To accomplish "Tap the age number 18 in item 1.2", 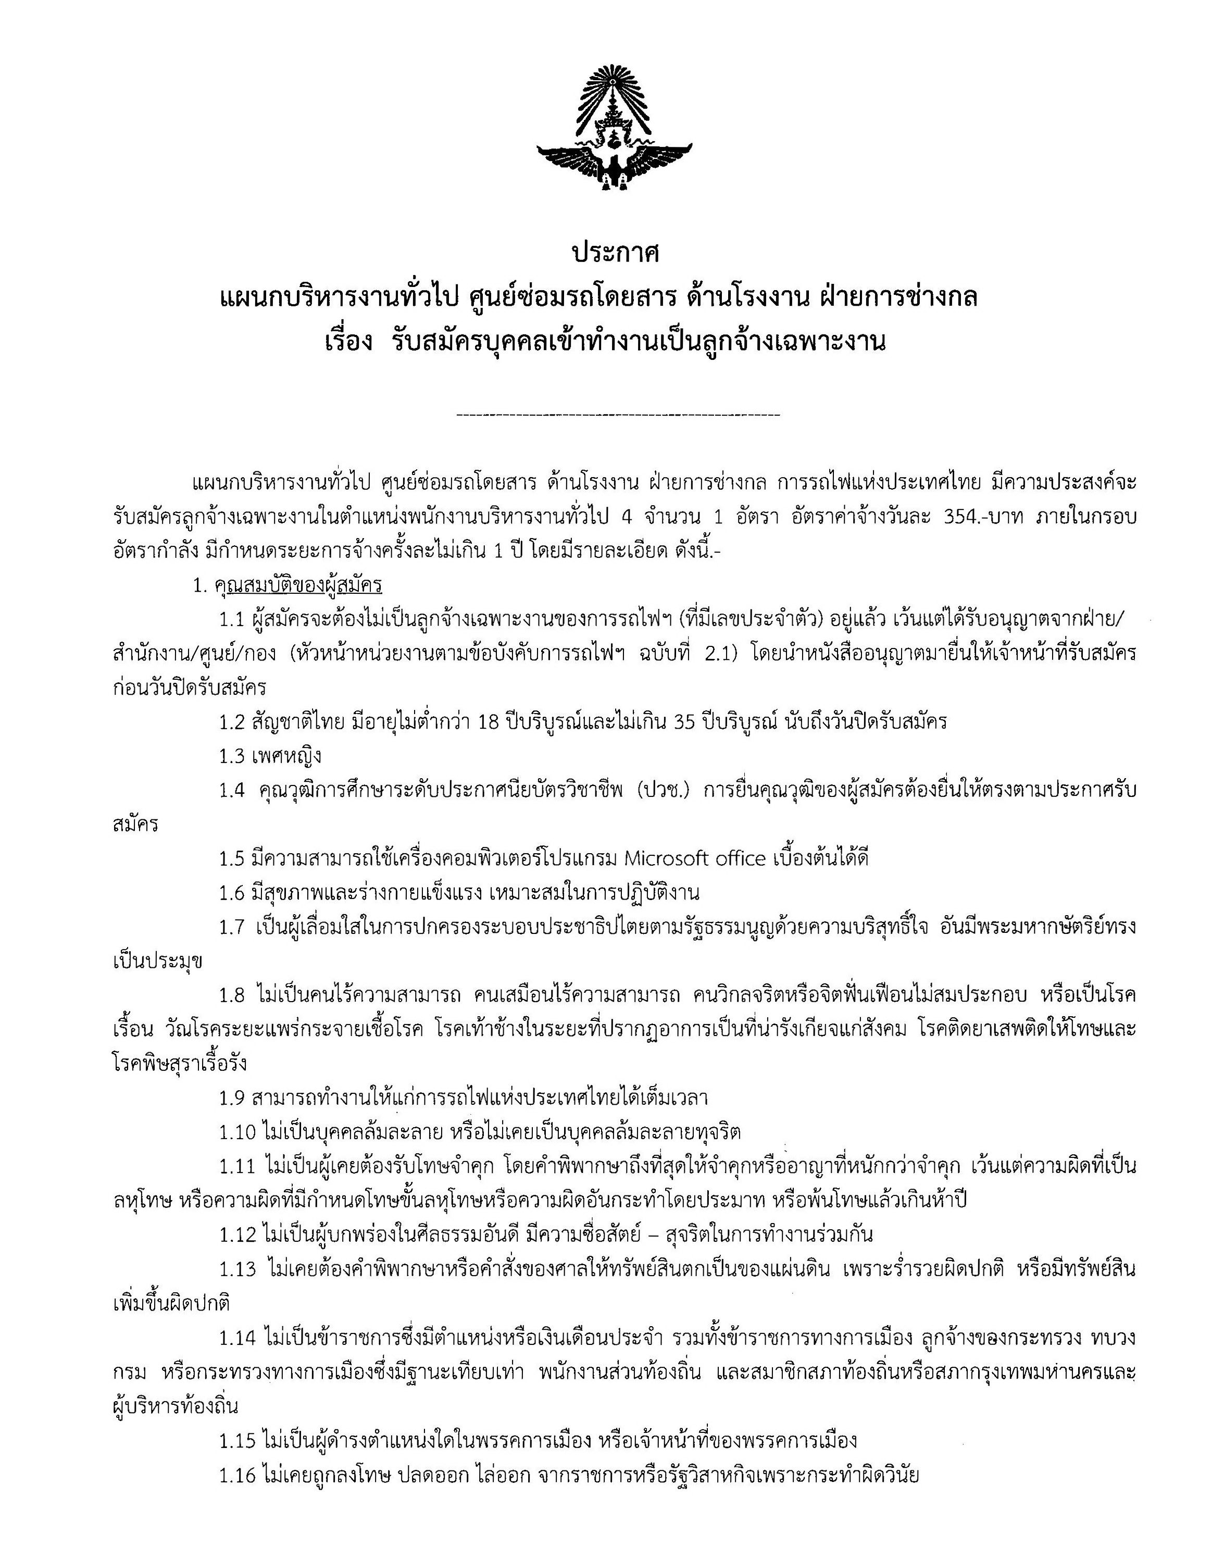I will tap(488, 721).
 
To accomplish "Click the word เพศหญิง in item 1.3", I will tap(286, 755).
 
